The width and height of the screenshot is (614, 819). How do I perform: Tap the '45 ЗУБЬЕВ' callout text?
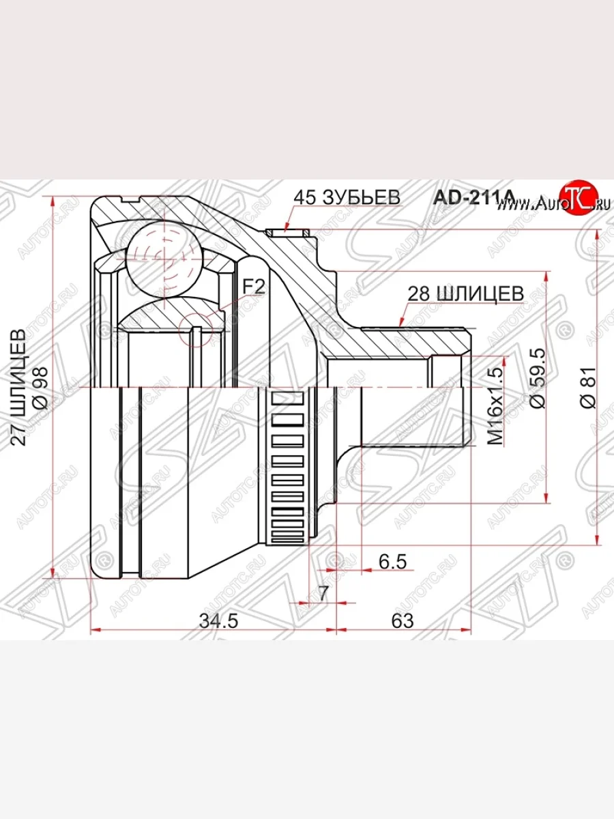tap(346, 197)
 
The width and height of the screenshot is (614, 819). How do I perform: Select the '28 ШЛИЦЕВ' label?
tap(465, 293)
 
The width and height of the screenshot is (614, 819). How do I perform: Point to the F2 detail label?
tap(254, 287)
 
